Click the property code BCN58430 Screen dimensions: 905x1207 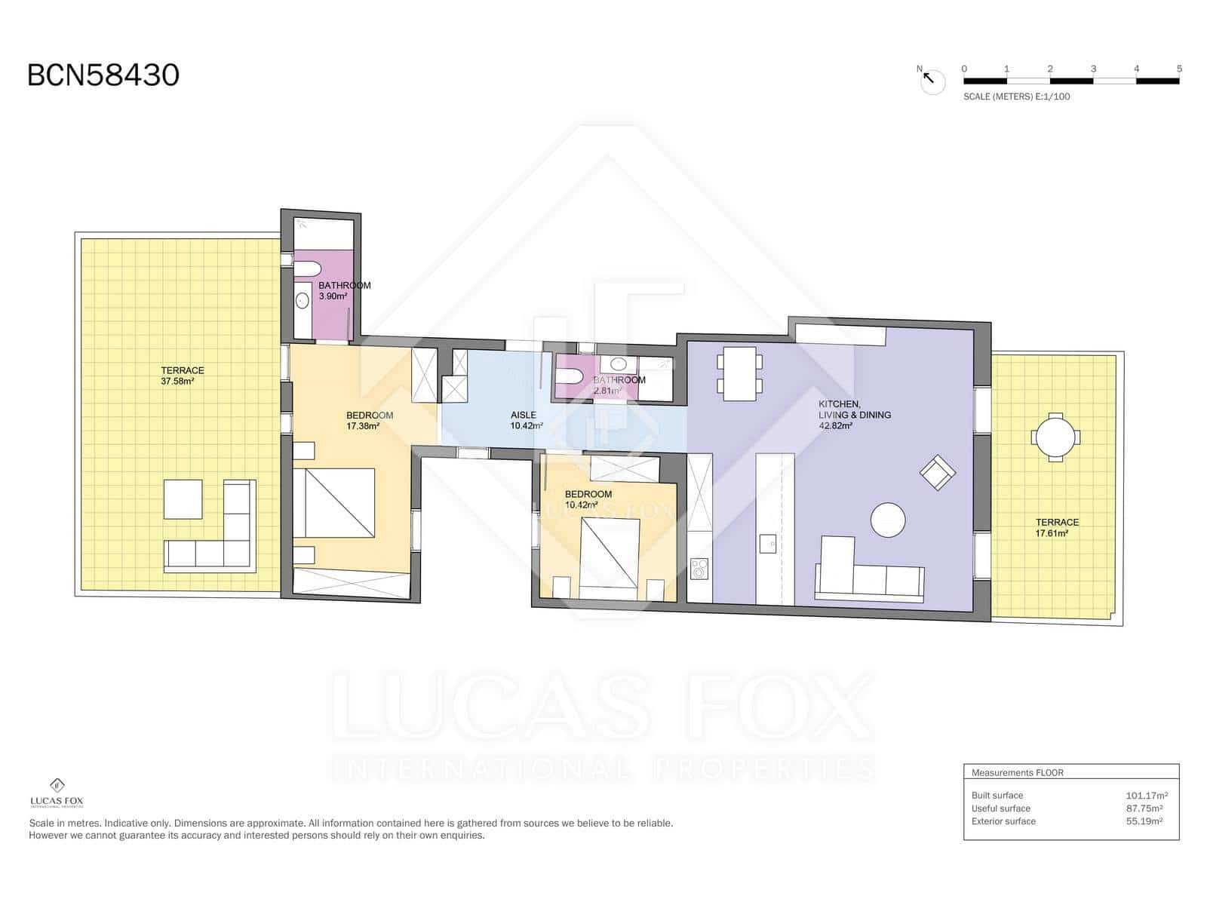tap(103, 75)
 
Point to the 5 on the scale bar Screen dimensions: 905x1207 tap(1178, 69)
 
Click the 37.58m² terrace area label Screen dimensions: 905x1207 tap(182, 376)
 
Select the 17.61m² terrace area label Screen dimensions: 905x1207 tap(1057, 527)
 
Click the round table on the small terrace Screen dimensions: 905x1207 tap(1056, 437)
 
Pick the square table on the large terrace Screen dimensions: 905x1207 tap(183, 499)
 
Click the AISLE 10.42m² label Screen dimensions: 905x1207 tap(525, 420)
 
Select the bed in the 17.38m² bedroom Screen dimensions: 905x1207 tap(334, 502)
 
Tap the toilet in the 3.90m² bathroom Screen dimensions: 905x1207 tap(307, 269)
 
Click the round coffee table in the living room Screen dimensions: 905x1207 tap(887, 520)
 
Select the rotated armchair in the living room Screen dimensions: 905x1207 tap(937, 473)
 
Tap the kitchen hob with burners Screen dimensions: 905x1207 tap(699, 568)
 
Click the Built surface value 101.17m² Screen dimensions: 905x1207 tap(1146, 795)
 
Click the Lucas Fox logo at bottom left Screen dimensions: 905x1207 tap(57, 791)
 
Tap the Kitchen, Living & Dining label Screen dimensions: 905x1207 tap(854, 415)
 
